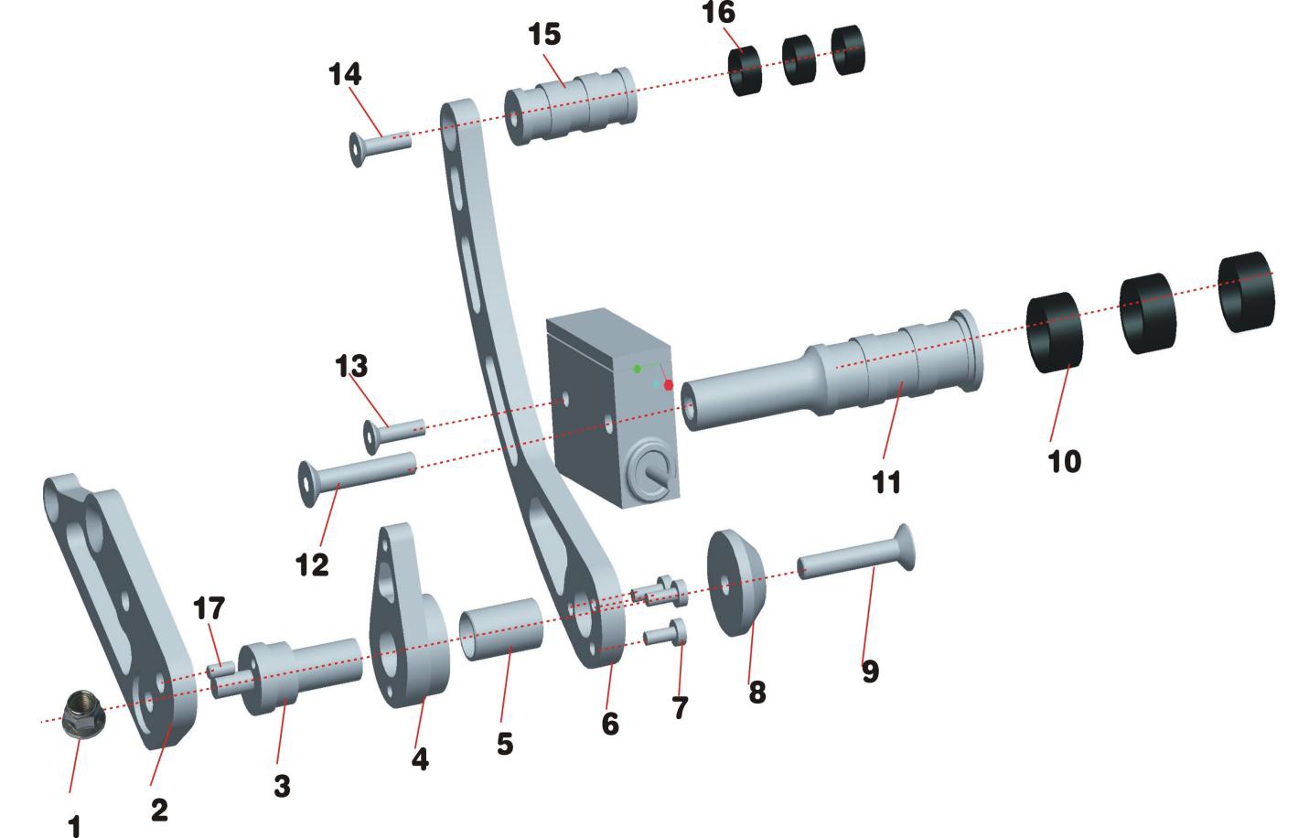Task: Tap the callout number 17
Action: click(209, 608)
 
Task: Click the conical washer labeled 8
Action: click(735, 583)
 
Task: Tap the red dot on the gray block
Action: click(669, 385)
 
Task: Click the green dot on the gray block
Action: click(638, 369)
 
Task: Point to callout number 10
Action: click(1064, 461)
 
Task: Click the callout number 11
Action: click(886, 482)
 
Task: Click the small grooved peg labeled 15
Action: click(572, 105)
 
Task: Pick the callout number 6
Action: click(610, 725)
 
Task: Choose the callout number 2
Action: click(159, 810)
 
